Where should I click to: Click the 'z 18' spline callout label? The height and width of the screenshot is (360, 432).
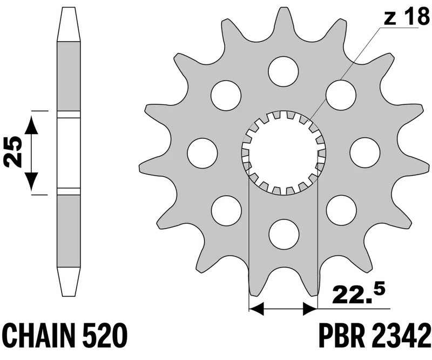pyautogui.click(x=406, y=18)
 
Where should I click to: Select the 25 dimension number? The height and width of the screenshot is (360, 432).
pyautogui.click(x=13, y=152)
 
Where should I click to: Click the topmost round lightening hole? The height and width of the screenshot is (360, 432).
pyautogui.click(x=283, y=71)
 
